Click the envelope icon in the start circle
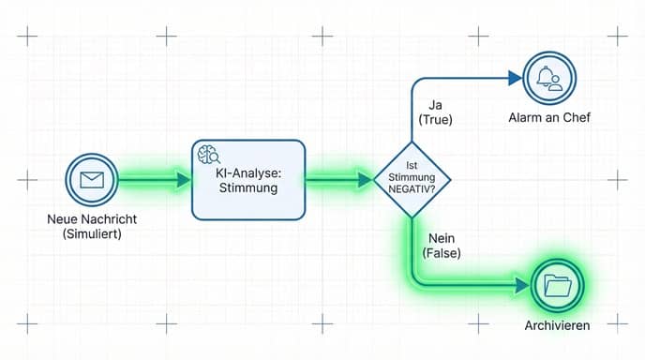tap(92, 178)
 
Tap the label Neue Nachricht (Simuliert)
tap(91, 227)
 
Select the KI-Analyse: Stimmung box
tap(248, 180)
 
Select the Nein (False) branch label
tap(442, 246)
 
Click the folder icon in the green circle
tap(558, 285)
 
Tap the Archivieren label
tap(559, 324)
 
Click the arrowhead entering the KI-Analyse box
tap(184, 178)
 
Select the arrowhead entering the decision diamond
tap(365, 178)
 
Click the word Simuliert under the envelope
tap(91, 234)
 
